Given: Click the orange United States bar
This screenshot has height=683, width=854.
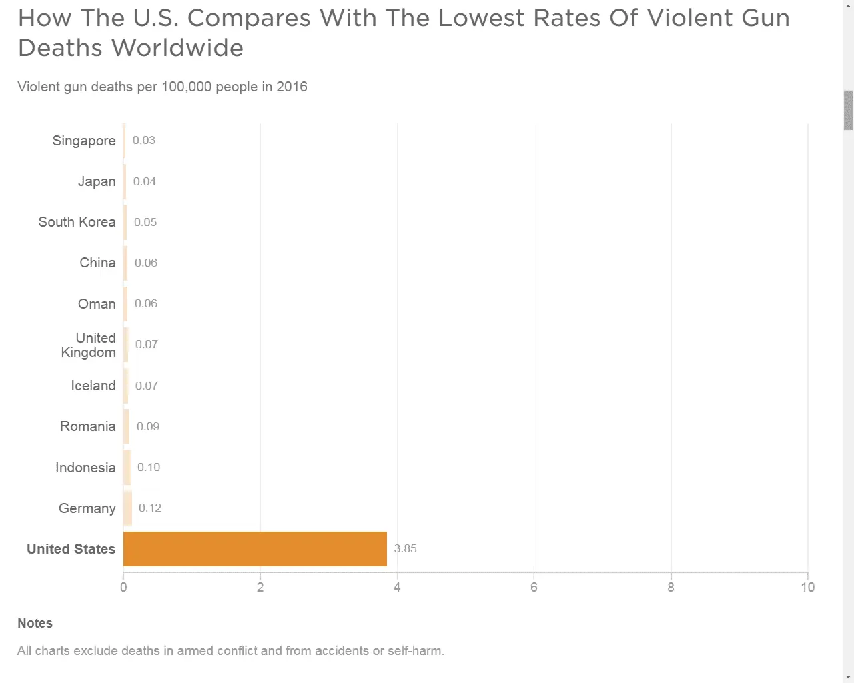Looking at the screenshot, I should tap(255, 549).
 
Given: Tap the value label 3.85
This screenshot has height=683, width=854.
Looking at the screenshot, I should tap(405, 548).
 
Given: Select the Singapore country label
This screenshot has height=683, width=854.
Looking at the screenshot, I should tap(84, 141).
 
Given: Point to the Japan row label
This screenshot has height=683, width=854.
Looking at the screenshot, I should tap(97, 181).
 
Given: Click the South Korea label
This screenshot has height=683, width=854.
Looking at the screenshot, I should tap(77, 222).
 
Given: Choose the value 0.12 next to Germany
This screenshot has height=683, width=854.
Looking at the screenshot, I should tap(150, 508).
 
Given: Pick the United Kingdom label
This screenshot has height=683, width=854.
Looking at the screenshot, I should tap(89, 345).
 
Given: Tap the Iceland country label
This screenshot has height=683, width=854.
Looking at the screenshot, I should tap(93, 386).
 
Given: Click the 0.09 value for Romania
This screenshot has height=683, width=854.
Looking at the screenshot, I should tap(148, 426).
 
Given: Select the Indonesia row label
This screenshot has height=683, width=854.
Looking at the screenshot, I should tap(85, 468).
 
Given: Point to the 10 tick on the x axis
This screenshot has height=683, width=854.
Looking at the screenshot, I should tap(807, 587).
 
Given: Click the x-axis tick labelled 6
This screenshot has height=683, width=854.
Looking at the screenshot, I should tap(534, 587).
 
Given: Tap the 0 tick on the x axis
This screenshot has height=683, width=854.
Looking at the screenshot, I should tap(123, 587).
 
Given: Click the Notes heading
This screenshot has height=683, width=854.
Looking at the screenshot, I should tap(35, 623).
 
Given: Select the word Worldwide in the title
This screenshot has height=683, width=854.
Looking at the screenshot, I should tap(177, 48).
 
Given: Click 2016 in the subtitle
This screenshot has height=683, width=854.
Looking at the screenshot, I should tap(292, 87).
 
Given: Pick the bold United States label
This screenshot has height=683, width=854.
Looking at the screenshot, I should tap(71, 549).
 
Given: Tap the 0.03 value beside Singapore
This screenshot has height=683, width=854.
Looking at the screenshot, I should tap(144, 140).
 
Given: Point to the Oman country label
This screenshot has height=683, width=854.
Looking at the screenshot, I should tap(97, 304).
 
